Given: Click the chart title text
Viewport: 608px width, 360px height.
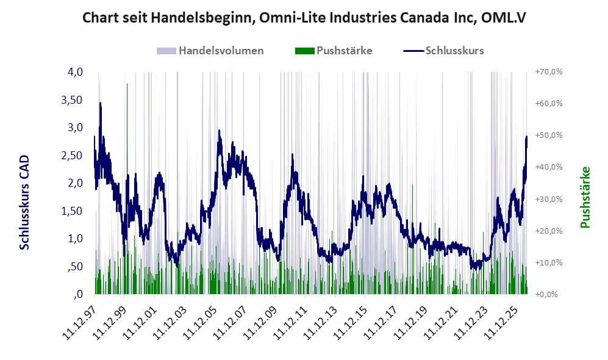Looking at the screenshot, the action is click(x=304, y=18).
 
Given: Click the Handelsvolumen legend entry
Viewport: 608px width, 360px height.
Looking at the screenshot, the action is click(x=210, y=51).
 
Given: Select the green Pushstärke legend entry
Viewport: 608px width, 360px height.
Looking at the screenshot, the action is click(x=334, y=51).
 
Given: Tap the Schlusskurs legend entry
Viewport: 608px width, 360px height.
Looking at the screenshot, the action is click(x=443, y=51).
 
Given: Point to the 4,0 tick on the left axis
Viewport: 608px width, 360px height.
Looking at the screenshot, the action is click(x=75, y=72).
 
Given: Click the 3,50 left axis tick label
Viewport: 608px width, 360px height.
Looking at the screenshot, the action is click(x=72, y=99).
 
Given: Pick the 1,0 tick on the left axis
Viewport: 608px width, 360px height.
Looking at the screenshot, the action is click(x=75, y=239).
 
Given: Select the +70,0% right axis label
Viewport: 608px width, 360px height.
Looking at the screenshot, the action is click(x=549, y=72).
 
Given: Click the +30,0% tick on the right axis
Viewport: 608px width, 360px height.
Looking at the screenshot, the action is click(x=549, y=199).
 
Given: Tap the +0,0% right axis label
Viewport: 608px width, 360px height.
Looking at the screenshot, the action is click(x=547, y=294).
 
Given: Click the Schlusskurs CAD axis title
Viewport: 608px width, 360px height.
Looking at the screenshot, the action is click(x=24, y=202).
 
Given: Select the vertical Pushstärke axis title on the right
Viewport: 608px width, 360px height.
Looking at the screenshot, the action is click(x=585, y=197).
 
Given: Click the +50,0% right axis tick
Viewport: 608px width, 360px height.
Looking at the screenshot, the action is click(x=549, y=135).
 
